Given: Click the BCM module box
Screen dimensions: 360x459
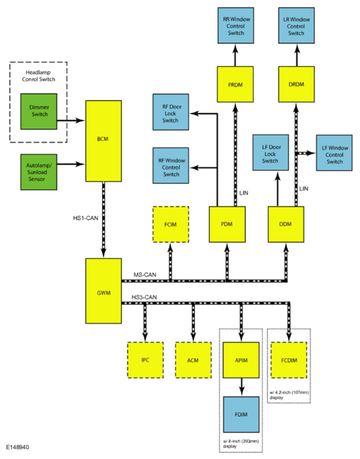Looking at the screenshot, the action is pyautogui.click(x=103, y=141).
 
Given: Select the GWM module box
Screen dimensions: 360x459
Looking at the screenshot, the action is pyautogui.click(x=103, y=290).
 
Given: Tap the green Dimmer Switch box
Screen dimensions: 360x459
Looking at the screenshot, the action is pyautogui.click(x=39, y=112).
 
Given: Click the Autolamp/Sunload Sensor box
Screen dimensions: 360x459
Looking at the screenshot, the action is pyautogui.click(x=39, y=172).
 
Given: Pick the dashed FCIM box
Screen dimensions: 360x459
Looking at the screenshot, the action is pyautogui.click(x=171, y=224).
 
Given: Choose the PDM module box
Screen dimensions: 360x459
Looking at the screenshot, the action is pyautogui.click(x=227, y=224).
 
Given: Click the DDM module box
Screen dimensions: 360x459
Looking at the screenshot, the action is pyautogui.click(x=286, y=224).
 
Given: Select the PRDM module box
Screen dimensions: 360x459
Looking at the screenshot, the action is pyautogui.click(x=235, y=84).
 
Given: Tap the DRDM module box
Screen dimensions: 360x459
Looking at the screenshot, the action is pyautogui.click(x=297, y=84).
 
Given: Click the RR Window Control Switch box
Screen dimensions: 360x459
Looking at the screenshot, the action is pyautogui.click(x=236, y=26).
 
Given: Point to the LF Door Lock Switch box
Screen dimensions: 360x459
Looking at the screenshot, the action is pyautogui.click(x=271, y=152).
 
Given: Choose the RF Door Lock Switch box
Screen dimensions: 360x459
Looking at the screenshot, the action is pyautogui.click(x=171, y=112).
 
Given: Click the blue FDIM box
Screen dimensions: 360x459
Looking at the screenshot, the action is pyautogui.click(x=241, y=414).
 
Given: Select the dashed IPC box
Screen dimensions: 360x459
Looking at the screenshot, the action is pyautogui.click(x=145, y=360).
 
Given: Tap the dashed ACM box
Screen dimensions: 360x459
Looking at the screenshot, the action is pyautogui.click(x=193, y=360).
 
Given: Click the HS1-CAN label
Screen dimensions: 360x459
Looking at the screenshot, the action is pyautogui.click(x=85, y=218).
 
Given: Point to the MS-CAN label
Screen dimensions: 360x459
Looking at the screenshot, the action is pyautogui.click(x=145, y=275).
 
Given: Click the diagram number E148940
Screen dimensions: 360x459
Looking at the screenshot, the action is pyautogui.click(x=18, y=447).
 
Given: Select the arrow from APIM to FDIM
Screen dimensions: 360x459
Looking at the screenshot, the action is pyautogui.click(x=241, y=387).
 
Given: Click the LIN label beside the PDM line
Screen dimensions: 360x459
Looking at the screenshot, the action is pyautogui.click(x=244, y=193).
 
